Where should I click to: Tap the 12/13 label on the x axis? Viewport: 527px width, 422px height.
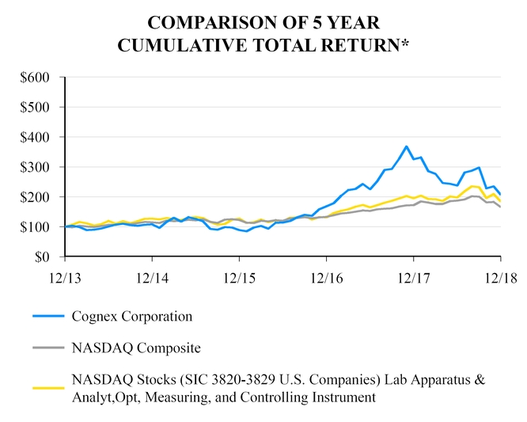tap(65, 279)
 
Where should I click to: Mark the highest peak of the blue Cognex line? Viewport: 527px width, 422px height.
tap(406, 146)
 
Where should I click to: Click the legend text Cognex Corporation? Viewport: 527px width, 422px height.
tap(131, 317)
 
